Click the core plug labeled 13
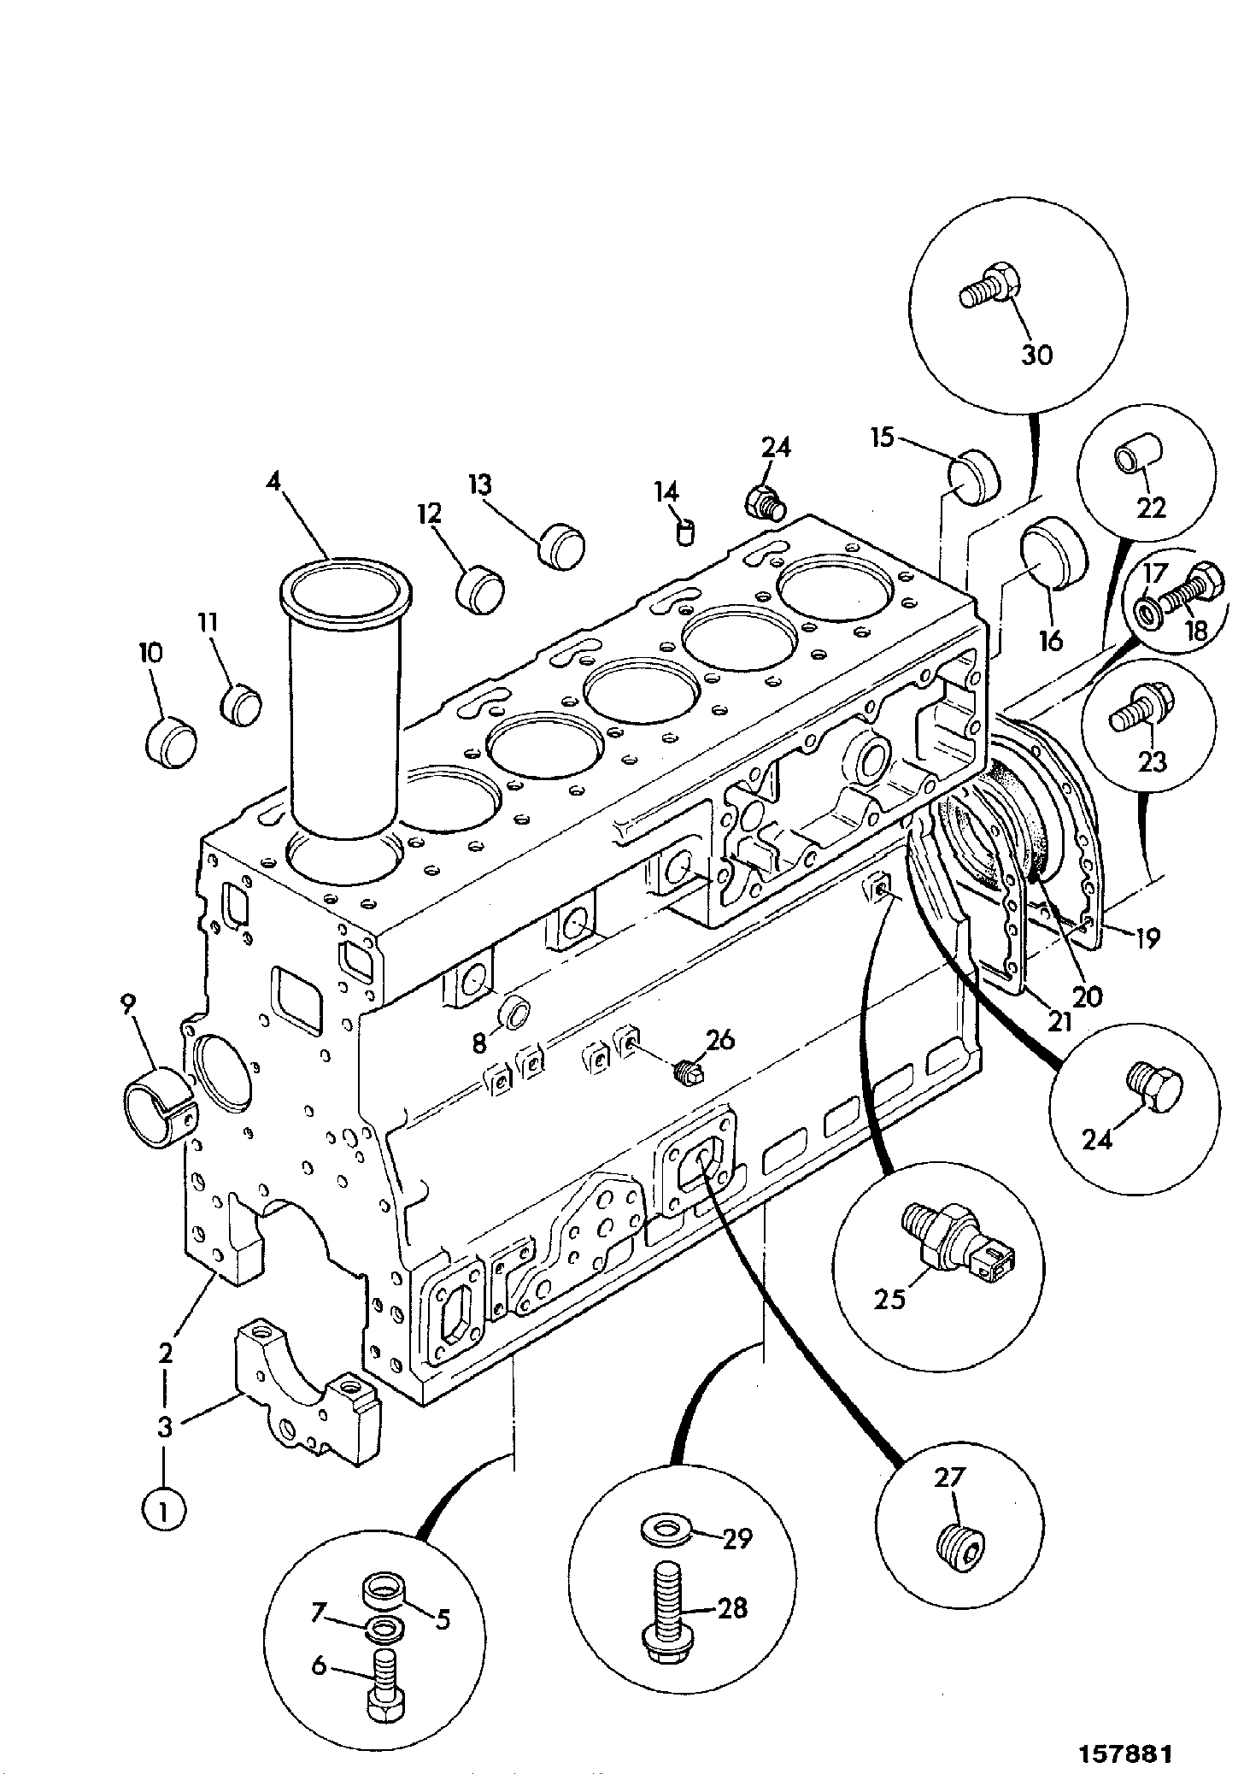(562, 544)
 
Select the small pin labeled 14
(685, 533)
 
